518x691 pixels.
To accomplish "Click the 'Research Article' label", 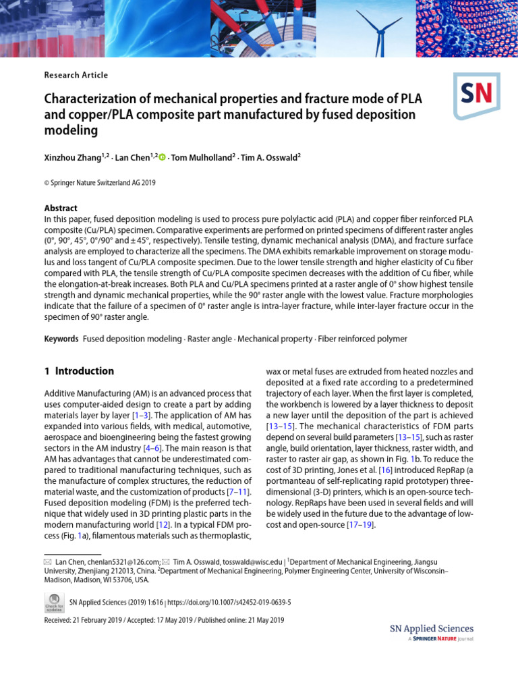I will coord(76,75).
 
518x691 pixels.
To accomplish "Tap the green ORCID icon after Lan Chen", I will coord(162,157).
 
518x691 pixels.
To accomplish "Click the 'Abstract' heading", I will coord(61,208).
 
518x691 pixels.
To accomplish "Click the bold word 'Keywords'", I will coord(61,338).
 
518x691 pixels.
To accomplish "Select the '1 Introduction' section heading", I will coord(79,371).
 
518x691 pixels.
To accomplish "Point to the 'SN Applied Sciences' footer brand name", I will coord(432,628).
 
